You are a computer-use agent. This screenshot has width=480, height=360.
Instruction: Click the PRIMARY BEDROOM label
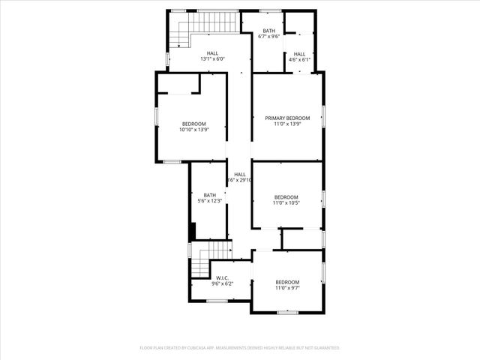pos(287,118)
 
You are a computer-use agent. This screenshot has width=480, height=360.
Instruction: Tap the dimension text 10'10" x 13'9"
pos(193,130)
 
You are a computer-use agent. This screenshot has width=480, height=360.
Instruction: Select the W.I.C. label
pos(220,278)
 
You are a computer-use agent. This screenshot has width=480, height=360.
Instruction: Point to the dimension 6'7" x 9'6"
pos(268,36)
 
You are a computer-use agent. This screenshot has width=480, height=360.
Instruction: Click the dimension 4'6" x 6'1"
pos(299,59)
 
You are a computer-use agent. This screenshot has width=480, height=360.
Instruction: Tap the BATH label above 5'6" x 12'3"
pos(209,195)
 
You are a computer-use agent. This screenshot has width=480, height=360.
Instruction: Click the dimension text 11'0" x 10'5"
pos(286,202)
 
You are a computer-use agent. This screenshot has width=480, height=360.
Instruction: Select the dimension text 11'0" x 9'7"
pos(286,287)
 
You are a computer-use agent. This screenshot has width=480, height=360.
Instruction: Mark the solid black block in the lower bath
pos(193,230)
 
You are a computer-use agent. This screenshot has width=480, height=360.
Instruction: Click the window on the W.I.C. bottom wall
pos(217,301)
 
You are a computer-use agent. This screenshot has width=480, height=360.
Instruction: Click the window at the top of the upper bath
pos(270,10)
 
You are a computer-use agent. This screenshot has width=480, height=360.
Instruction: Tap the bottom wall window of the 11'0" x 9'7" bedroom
pos(287,311)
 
